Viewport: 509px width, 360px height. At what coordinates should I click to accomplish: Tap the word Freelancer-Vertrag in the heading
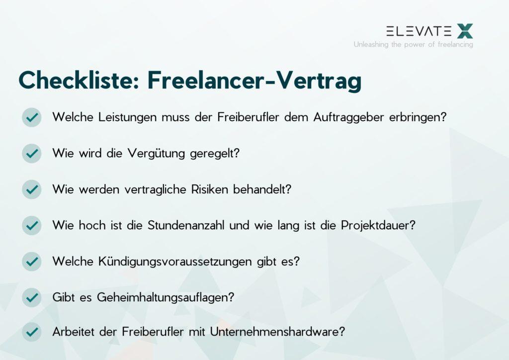[x=254, y=81]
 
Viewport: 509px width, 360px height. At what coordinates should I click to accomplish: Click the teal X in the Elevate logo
[x=465, y=31]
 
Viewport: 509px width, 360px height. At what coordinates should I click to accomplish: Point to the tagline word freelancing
[x=455, y=44]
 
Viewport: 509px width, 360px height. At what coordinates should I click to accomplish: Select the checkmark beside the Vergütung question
[x=31, y=153]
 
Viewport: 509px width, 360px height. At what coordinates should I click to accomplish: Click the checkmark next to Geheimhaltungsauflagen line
[x=31, y=297]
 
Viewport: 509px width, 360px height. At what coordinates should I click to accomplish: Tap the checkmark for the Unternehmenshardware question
[x=31, y=332]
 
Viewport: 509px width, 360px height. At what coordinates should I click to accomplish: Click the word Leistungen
[x=128, y=117]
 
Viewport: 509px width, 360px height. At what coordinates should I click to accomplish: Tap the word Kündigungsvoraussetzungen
[x=175, y=262]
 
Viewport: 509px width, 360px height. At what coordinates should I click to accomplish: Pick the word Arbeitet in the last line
[x=74, y=332]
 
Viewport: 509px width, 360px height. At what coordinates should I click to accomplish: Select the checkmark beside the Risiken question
[x=31, y=189]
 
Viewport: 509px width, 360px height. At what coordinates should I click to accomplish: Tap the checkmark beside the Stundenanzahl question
[x=31, y=225]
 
